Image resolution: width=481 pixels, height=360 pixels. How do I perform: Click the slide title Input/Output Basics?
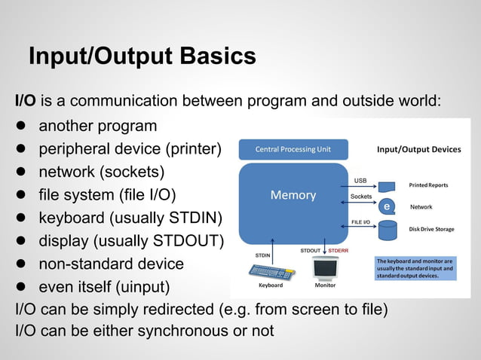click(x=142, y=56)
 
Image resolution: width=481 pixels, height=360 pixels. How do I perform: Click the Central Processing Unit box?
click(x=293, y=149)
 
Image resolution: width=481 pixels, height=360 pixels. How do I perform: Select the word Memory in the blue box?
click(x=293, y=195)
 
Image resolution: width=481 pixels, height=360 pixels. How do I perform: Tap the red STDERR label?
click(x=337, y=249)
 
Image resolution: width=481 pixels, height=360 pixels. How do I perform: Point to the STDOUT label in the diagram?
click(x=311, y=249)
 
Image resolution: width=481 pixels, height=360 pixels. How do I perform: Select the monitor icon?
click(x=325, y=268)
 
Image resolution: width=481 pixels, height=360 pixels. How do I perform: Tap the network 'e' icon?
click(x=387, y=206)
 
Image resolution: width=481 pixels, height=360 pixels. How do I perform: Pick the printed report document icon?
click(x=387, y=185)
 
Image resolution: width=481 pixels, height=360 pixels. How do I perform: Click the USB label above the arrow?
click(x=360, y=180)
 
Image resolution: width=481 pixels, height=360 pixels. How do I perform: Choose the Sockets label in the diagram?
click(x=361, y=197)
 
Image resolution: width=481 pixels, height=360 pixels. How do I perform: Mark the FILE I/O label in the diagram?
click(x=360, y=222)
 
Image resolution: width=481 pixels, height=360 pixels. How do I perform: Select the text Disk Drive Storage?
click(x=431, y=229)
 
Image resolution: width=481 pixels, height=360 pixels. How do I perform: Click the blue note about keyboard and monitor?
click(x=415, y=268)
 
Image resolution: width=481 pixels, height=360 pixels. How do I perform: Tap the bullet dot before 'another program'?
click(x=22, y=126)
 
